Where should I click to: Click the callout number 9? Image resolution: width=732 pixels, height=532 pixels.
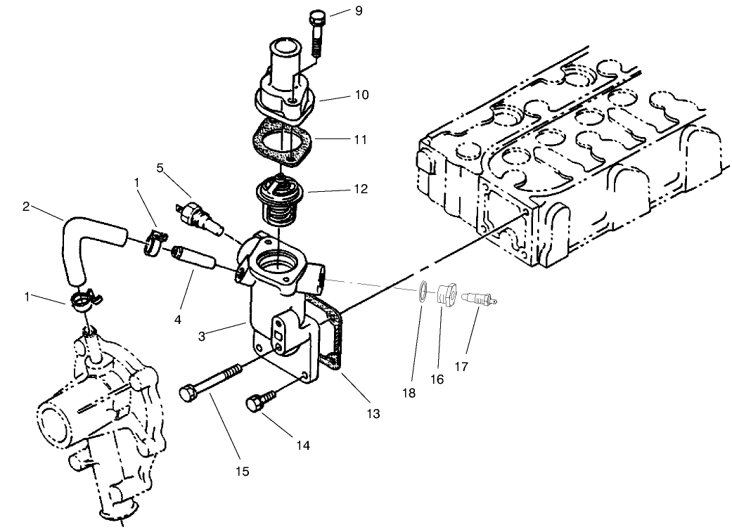[359, 11]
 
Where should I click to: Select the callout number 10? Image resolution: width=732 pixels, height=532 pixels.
[361, 94]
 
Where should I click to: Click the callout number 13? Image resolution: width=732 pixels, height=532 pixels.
[373, 415]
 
